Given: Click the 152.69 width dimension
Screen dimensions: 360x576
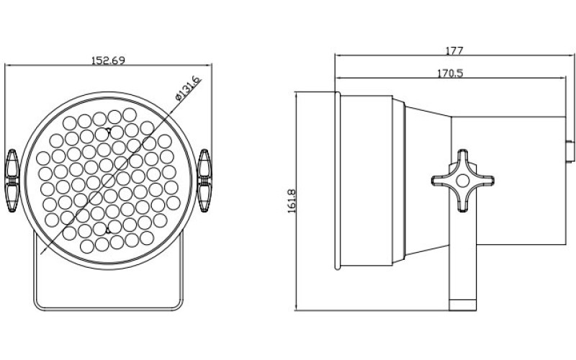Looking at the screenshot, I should click(x=108, y=60).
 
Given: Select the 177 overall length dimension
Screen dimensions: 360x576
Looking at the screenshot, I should click(x=454, y=50).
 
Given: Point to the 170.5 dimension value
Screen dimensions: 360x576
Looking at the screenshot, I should click(x=450, y=72).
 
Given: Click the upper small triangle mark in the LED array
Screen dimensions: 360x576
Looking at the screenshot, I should click(x=109, y=131).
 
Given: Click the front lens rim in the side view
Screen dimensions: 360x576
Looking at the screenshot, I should click(x=337, y=181).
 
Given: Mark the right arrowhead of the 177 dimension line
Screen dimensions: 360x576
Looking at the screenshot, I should click(x=570, y=55).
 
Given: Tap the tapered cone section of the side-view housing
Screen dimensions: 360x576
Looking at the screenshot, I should click(x=425, y=180).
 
